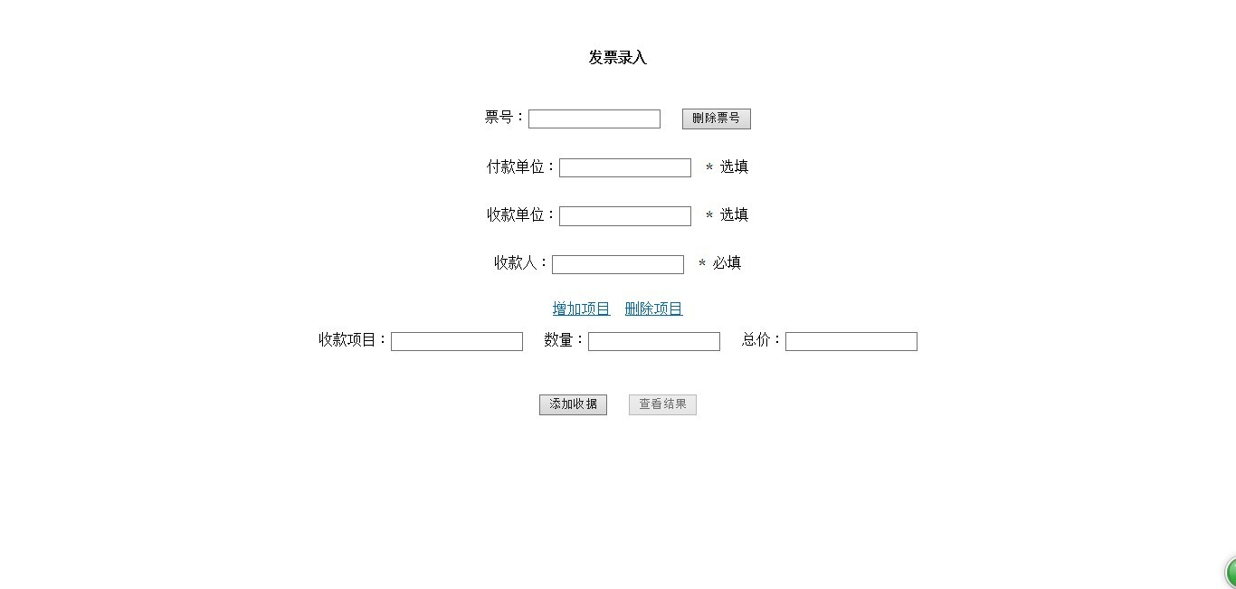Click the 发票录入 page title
pyautogui.click(x=617, y=57)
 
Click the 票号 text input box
pyautogui.click(x=594, y=119)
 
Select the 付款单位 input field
pyautogui.click(x=625, y=167)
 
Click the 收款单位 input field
pyautogui.click(x=625, y=216)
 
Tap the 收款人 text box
pyautogui.click(x=618, y=264)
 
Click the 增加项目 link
pyautogui.click(x=582, y=309)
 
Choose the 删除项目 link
pyautogui.click(x=654, y=309)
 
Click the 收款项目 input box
pyautogui.click(x=457, y=341)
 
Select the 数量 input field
pyautogui.click(x=654, y=341)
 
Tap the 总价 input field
pyautogui.click(x=851, y=341)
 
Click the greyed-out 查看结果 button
pyautogui.click(x=662, y=404)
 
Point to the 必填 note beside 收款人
pyautogui.click(x=727, y=263)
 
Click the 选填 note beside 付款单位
pyautogui.click(x=734, y=166)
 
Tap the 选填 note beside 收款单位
pyautogui.click(x=734, y=214)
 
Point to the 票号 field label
pyautogui.click(x=499, y=117)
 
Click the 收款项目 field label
pyautogui.click(x=347, y=339)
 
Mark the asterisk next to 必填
pyautogui.click(x=702, y=263)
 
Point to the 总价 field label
pyautogui.click(x=756, y=339)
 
